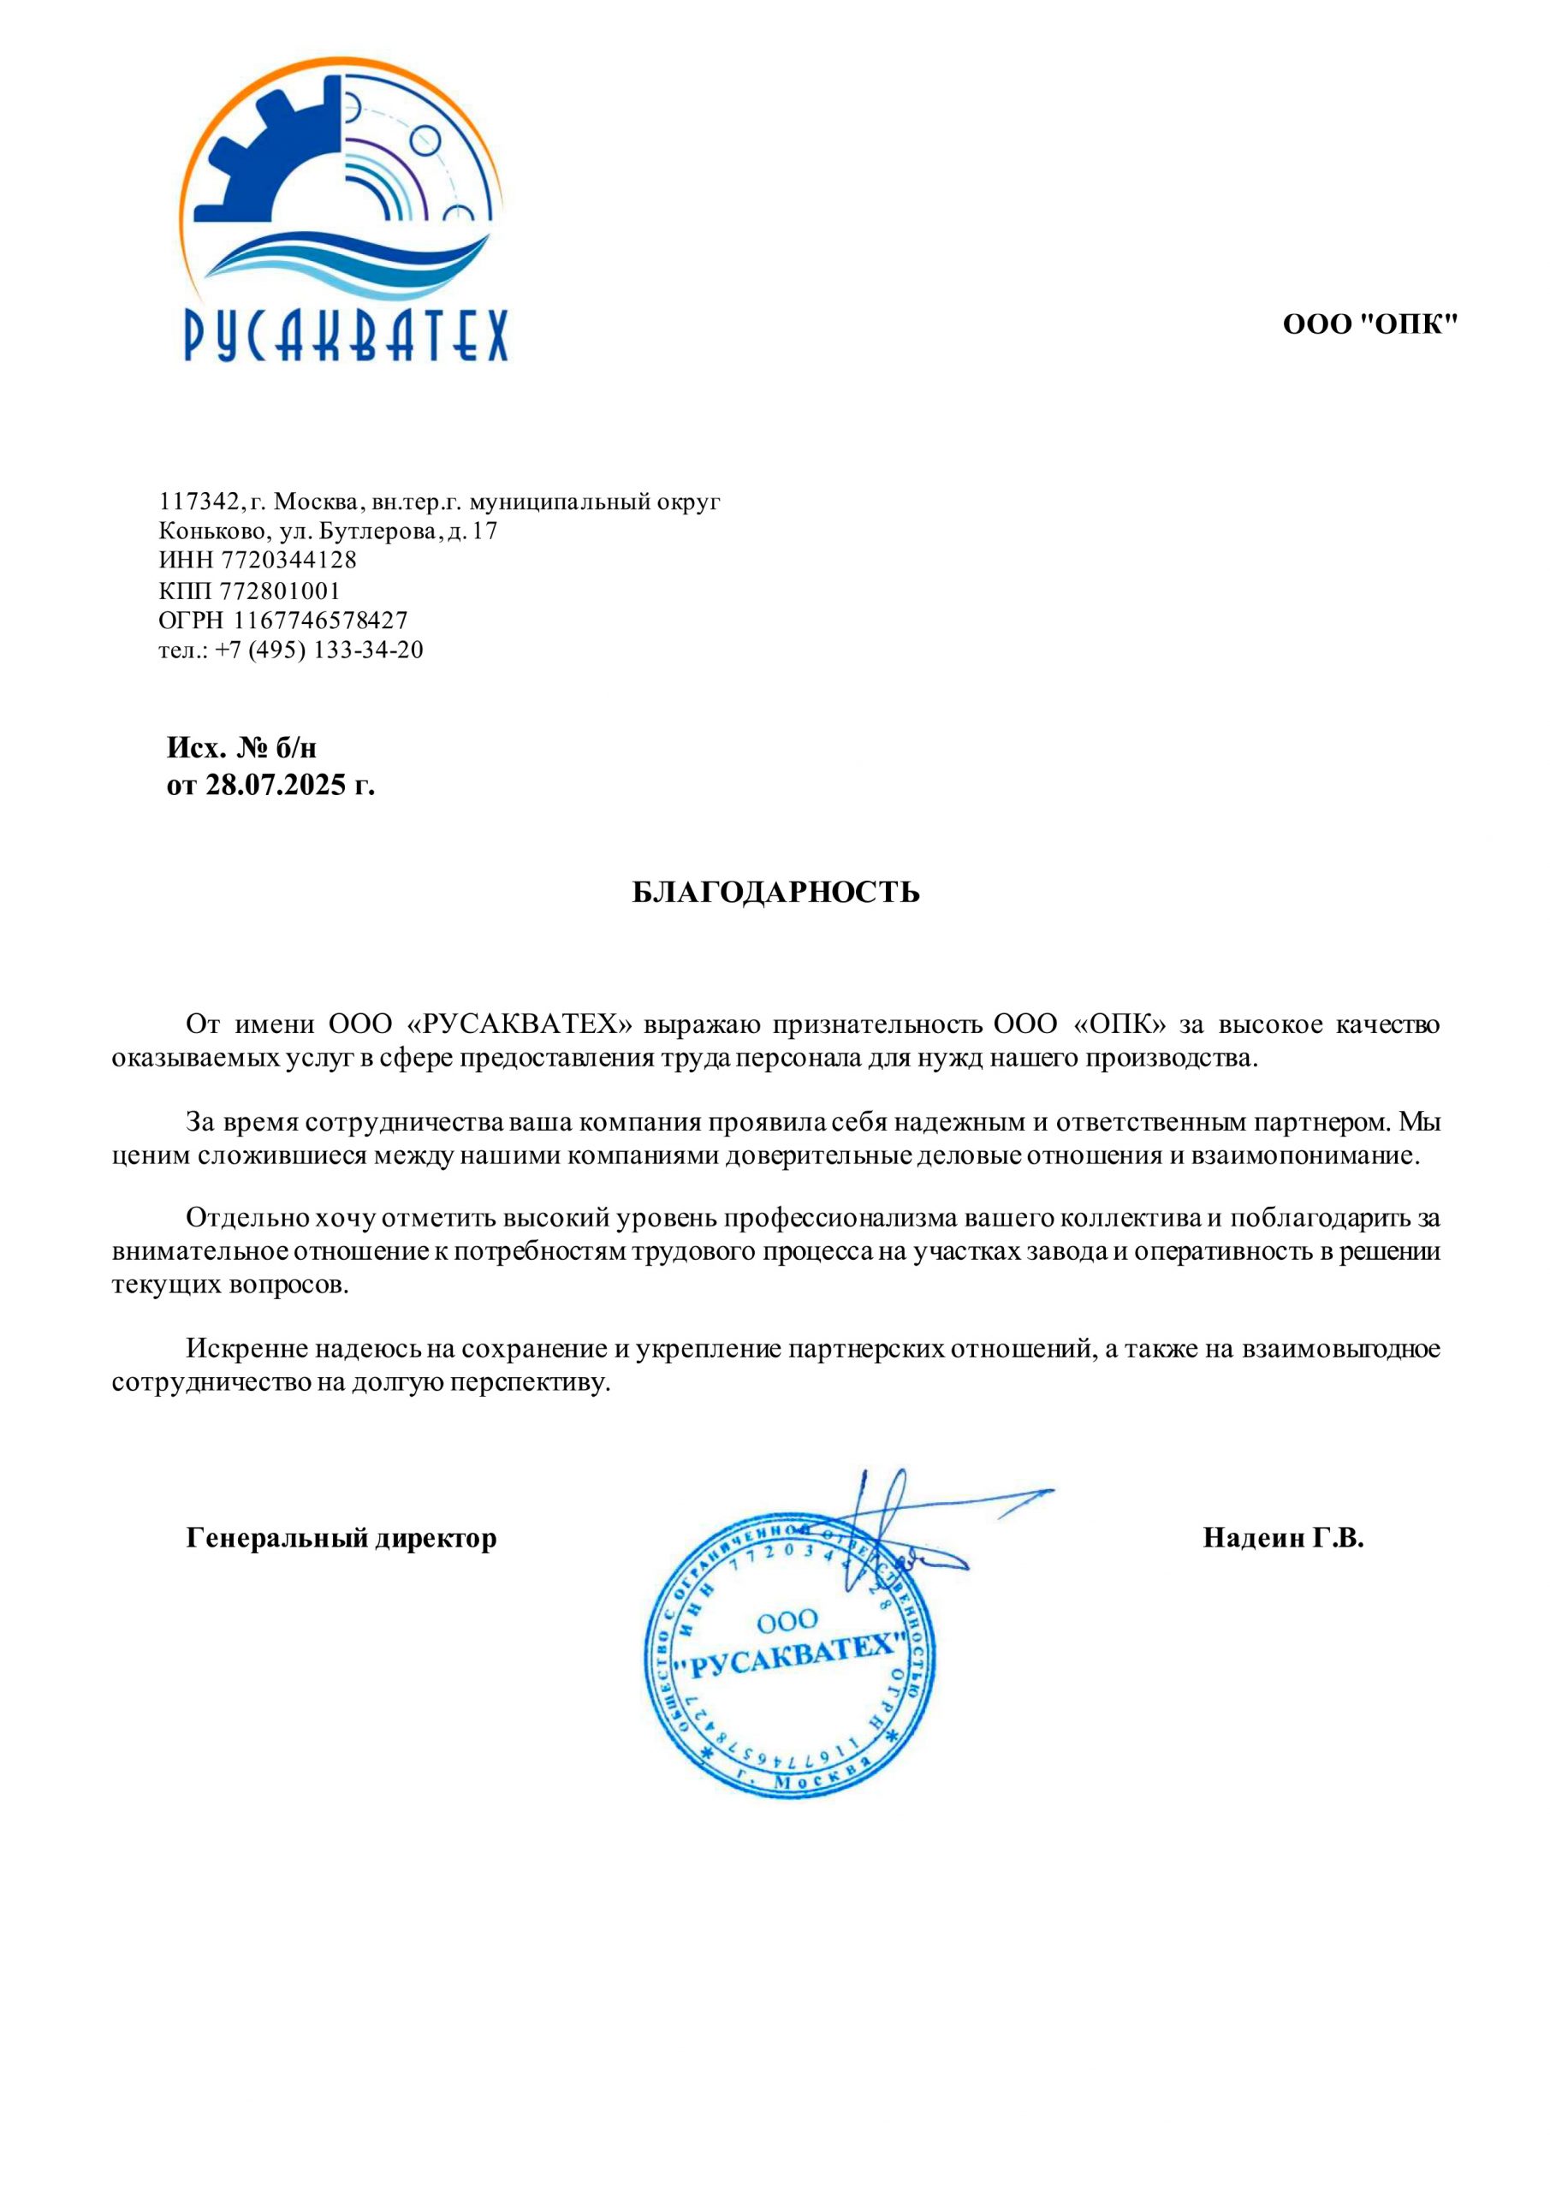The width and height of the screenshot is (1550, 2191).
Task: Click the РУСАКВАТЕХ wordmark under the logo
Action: (346, 334)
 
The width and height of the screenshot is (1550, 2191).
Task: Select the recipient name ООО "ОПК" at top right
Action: (1369, 325)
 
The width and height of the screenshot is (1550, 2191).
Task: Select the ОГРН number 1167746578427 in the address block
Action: (321, 620)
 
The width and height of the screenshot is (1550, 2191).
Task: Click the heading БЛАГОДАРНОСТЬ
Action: (776, 893)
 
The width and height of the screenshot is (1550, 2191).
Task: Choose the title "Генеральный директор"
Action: (341, 1539)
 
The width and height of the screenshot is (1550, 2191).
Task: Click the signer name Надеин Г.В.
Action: (1283, 1538)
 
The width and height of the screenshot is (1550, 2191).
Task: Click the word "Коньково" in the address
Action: (206, 531)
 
